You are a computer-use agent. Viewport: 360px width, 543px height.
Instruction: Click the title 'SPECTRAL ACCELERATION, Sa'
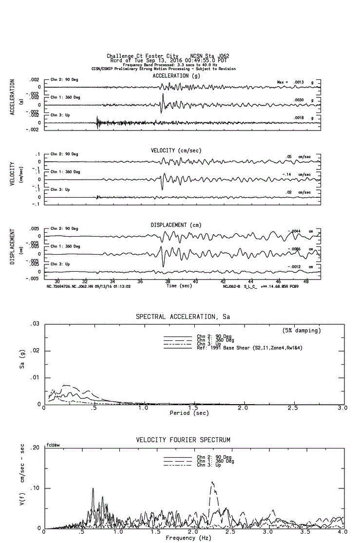tap(183, 317)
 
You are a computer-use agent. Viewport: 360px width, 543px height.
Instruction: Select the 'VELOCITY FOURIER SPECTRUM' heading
tap(183, 440)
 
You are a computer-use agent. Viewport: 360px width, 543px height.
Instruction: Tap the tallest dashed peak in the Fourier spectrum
tap(212, 482)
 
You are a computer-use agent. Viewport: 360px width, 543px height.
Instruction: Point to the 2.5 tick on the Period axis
tap(293, 408)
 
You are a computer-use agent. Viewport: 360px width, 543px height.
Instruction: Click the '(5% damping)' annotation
tap(302, 330)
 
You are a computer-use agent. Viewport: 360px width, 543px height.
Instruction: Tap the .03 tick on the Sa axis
tap(35, 324)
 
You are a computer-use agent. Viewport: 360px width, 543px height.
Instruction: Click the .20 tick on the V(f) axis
tap(35, 448)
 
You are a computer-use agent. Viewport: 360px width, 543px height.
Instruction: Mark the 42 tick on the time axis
tap(223, 281)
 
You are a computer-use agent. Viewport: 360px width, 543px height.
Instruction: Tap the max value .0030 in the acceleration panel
tap(299, 100)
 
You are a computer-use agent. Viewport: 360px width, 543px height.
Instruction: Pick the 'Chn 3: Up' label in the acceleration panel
tap(60, 115)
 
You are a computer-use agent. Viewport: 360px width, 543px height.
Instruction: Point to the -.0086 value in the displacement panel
tap(294, 249)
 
